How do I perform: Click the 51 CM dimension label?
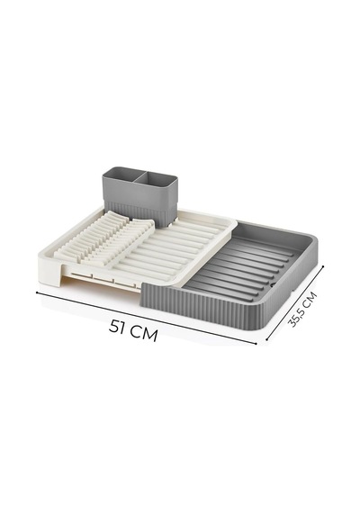[133, 330]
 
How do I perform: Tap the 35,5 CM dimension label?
[302, 310]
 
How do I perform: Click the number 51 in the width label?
[118, 327]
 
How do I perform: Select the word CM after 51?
[144, 333]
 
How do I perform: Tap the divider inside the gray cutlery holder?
[140, 176]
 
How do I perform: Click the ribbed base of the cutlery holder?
[139, 212]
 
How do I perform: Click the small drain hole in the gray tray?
[272, 284]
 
